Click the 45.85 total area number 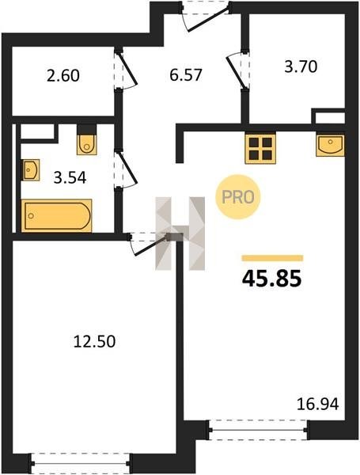click(x=272, y=279)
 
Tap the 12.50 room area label click(x=94, y=341)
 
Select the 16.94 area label click(x=317, y=404)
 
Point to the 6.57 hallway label click(x=186, y=75)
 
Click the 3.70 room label click(x=301, y=66)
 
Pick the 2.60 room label click(x=63, y=75)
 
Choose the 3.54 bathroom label click(x=70, y=177)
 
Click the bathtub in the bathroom click(x=57, y=215)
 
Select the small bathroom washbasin click(x=31, y=170)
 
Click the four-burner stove click(x=260, y=149)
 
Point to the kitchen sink click(x=330, y=146)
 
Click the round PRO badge click(x=237, y=197)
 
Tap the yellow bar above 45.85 click(x=272, y=258)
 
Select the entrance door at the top click(x=207, y=15)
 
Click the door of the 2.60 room click(x=126, y=69)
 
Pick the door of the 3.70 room click(x=238, y=70)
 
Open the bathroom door click(x=126, y=169)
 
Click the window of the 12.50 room click(x=81, y=463)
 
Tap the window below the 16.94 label click(x=258, y=430)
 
